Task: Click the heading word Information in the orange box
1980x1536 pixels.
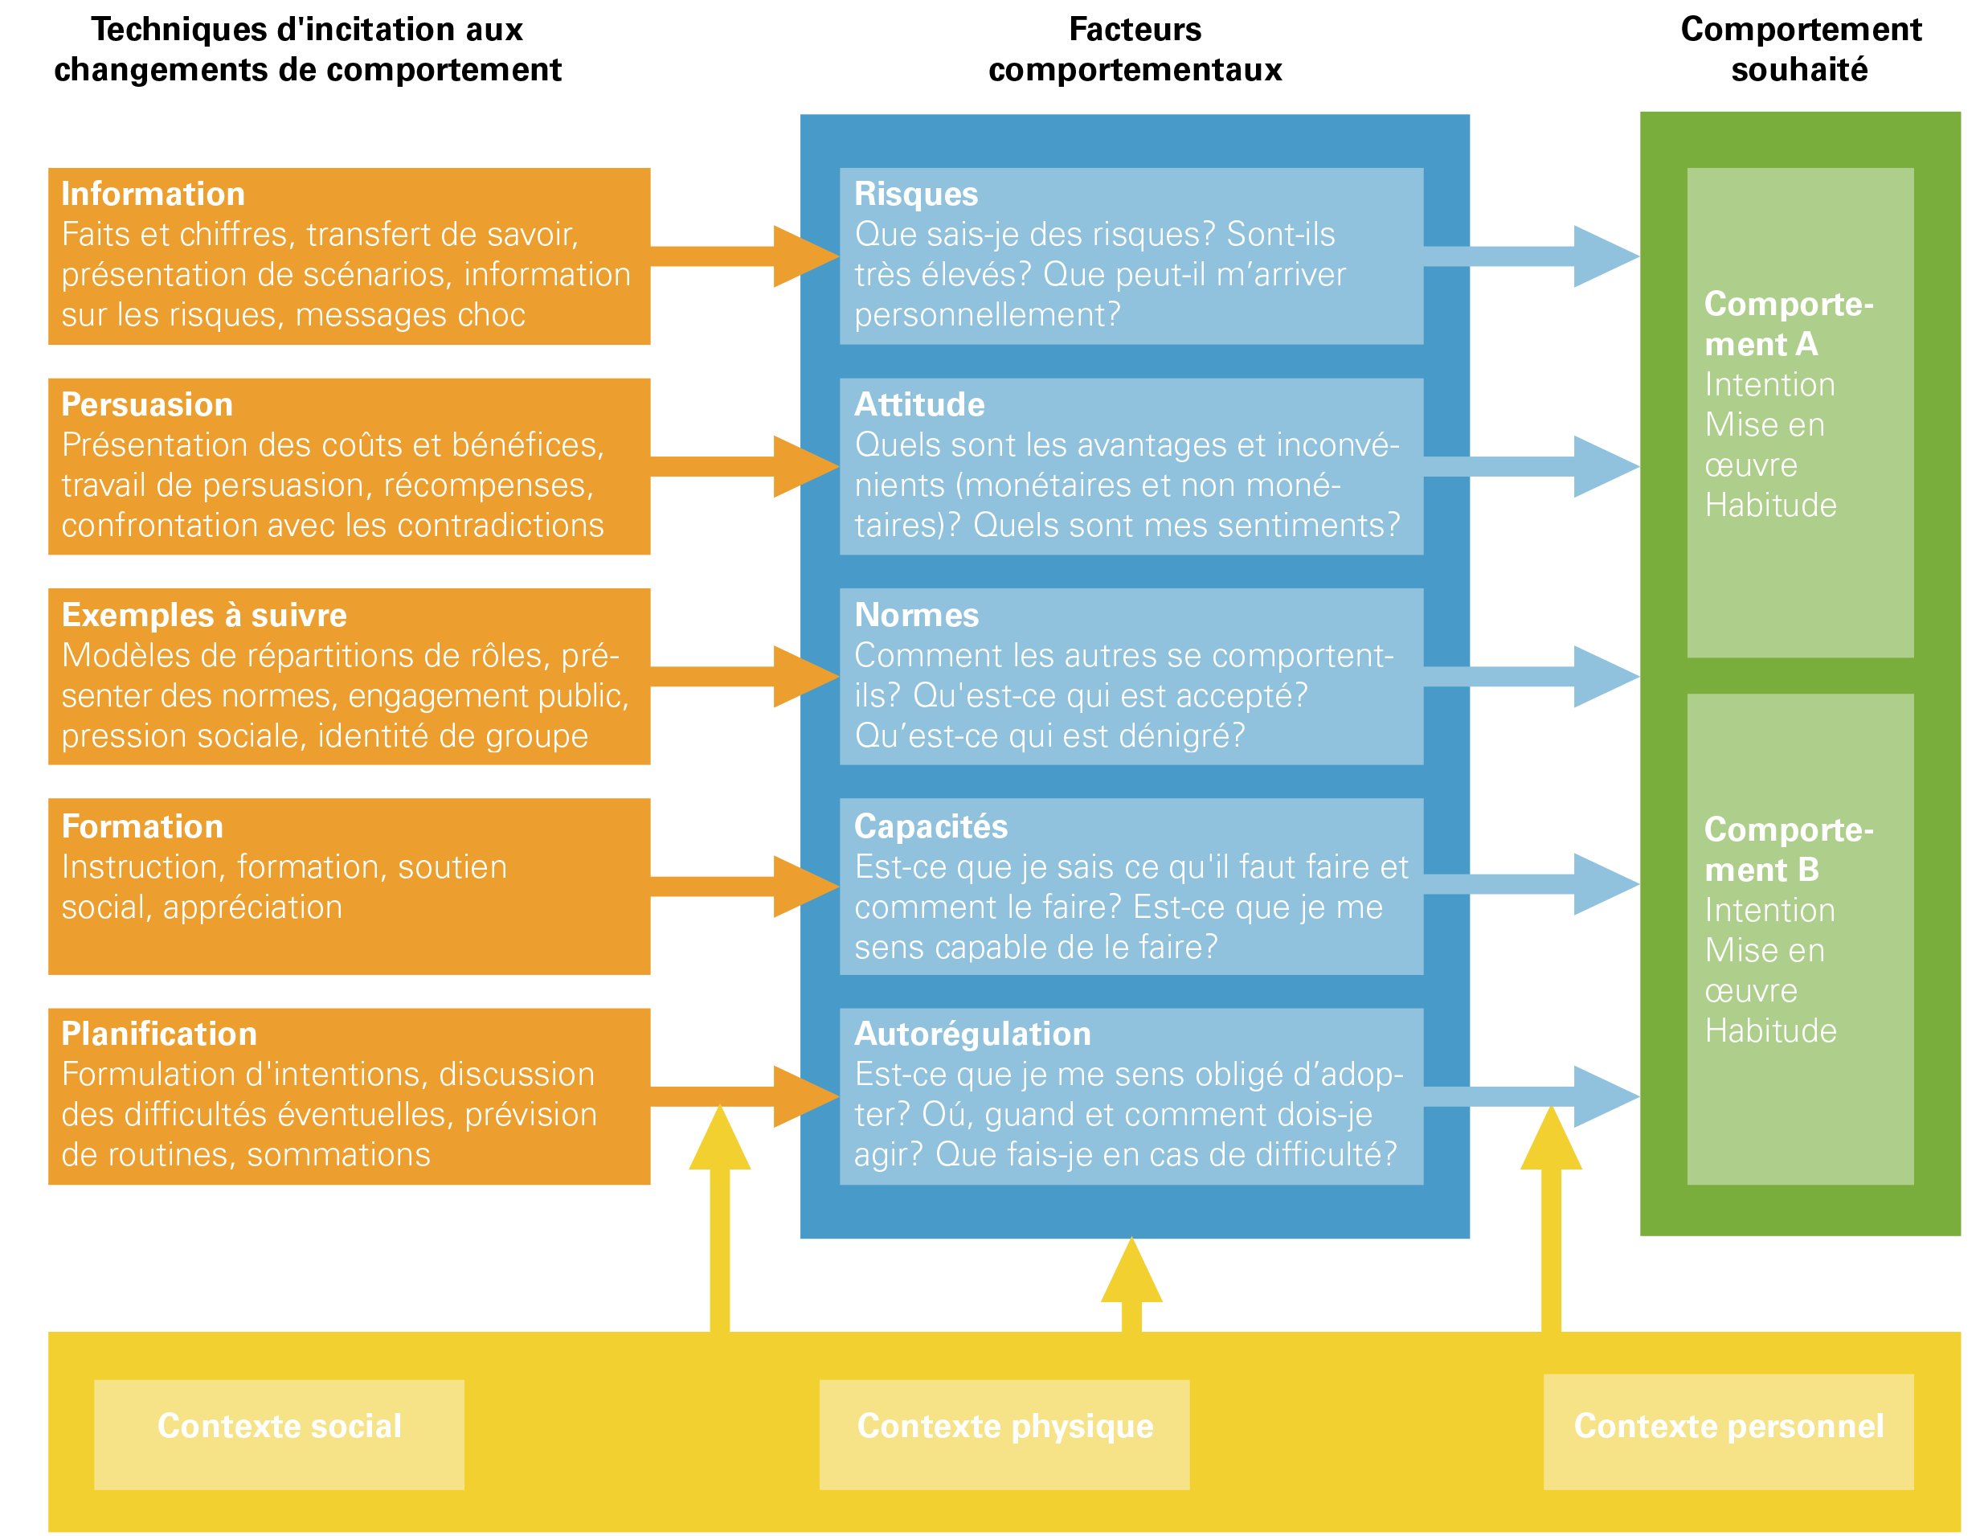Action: [x=153, y=194]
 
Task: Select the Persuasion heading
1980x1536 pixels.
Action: [x=147, y=404]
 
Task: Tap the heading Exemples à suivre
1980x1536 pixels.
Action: [x=204, y=615]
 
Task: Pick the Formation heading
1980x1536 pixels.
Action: [x=142, y=826]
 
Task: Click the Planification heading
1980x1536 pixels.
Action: [x=158, y=1034]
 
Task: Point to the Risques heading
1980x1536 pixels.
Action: [x=915, y=194]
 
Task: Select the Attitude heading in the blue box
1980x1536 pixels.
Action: [x=919, y=404]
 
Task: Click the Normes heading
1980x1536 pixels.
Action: [x=917, y=615]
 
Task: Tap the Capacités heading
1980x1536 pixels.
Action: [x=931, y=826]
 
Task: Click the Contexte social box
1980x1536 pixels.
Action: [x=279, y=1435]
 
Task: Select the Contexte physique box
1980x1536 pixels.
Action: [x=1004, y=1435]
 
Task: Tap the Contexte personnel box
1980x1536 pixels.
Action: [x=1728, y=1432]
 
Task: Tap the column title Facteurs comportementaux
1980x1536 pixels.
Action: [x=1135, y=49]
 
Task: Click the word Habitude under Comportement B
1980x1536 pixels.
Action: [x=1770, y=1031]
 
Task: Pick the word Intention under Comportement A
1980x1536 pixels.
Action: [x=1769, y=384]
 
